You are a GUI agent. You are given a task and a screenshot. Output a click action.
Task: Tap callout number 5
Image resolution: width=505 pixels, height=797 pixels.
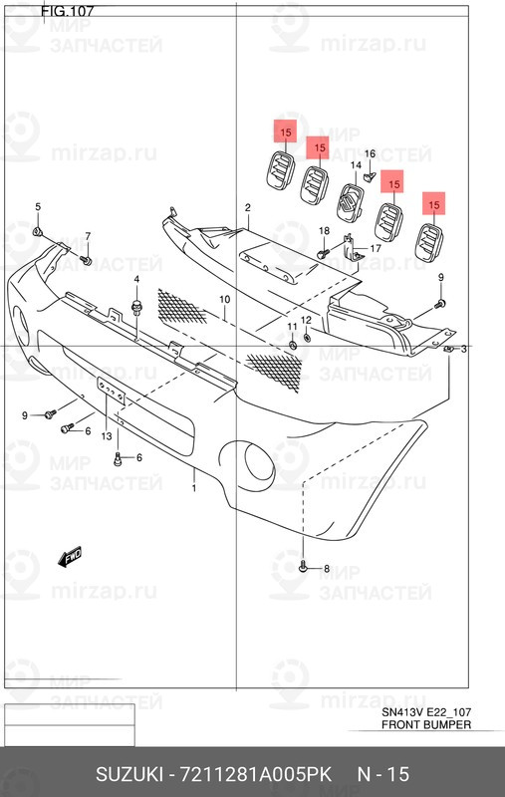[x=38, y=207]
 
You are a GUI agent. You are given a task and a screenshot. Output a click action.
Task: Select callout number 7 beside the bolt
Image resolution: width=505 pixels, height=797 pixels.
[x=87, y=236]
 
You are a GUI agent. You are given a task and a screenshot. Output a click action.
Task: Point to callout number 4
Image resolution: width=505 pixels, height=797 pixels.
[x=135, y=279]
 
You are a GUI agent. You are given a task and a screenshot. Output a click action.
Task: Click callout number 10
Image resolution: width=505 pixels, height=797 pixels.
[x=225, y=299]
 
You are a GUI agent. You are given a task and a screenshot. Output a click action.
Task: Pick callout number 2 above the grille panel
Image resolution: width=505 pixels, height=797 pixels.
[x=247, y=207]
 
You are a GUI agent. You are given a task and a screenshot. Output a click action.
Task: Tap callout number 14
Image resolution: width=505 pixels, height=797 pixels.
[x=355, y=164]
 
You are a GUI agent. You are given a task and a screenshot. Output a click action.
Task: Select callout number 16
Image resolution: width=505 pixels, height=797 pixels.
[x=370, y=154]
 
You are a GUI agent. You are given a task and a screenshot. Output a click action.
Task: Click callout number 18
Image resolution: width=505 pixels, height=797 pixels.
[x=323, y=231]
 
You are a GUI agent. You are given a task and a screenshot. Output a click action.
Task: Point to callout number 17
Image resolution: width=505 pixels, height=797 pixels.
[x=376, y=248]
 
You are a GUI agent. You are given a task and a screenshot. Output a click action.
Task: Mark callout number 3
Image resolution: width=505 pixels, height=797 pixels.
[x=463, y=349]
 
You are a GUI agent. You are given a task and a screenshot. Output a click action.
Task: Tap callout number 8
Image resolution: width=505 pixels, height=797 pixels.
[x=326, y=569]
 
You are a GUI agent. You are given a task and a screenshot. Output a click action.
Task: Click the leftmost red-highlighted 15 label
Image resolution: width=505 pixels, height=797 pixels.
[x=285, y=132]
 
